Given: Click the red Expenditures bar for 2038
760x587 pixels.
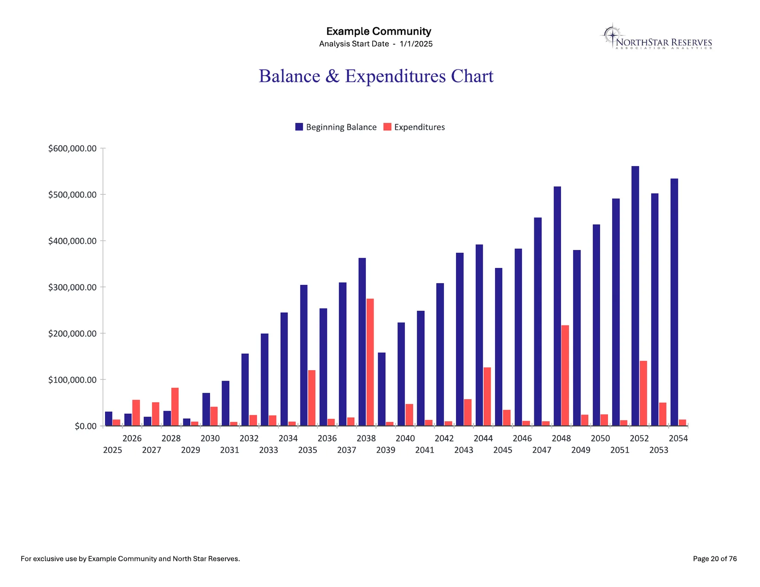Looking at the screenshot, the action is pyautogui.click(x=370, y=362).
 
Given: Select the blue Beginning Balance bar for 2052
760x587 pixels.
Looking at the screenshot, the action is pyautogui.click(x=635, y=296).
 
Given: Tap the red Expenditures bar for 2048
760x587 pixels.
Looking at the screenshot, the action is pyautogui.click(x=565, y=376).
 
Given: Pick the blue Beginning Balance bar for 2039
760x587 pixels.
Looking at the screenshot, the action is pyautogui.click(x=381, y=389).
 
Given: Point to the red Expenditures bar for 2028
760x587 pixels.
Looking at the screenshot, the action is pyautogui.click(x=175, y=407).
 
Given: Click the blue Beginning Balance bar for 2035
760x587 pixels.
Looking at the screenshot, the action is pyautogui.click(x=304, y=355).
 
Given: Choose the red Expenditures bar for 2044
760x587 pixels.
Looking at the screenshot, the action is pyautogui.click(x=487, y=396).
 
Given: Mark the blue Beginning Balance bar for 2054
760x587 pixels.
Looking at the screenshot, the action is pyautogui.click(x=674, y=302).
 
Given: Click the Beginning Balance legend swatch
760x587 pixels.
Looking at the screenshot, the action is pyautogui.click(x=299, y=127).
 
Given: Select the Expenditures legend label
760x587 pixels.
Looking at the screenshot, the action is pyautogui.click(x=419, y=127).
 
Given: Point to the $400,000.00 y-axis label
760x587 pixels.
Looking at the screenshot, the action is pyautogui.click(x=72, y=241).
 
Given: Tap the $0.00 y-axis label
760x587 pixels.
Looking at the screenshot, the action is pyautogui.click(x=86, y=426).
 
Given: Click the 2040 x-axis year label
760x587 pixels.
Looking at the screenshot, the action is pyautogui.click(x=405, y=438).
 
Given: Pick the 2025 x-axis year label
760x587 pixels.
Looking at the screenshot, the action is pyautogui.click(x=113, y=450).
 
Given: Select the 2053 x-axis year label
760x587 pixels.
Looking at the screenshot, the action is pyautogui.click(x=659, y=450).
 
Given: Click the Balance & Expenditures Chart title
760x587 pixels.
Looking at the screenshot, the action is pyautogui.click(x=376, y=76).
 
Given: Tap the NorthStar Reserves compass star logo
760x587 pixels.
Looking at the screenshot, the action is pyautogui.click(x=613, y=35).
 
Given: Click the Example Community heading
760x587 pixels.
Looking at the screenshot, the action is pyautogui.click(x=379, y=31).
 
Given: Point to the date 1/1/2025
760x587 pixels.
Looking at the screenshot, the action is pyautogui.click(x=416, y=44).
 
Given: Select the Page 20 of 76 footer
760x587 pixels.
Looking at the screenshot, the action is pyautogui.click(x=714, y=558).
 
